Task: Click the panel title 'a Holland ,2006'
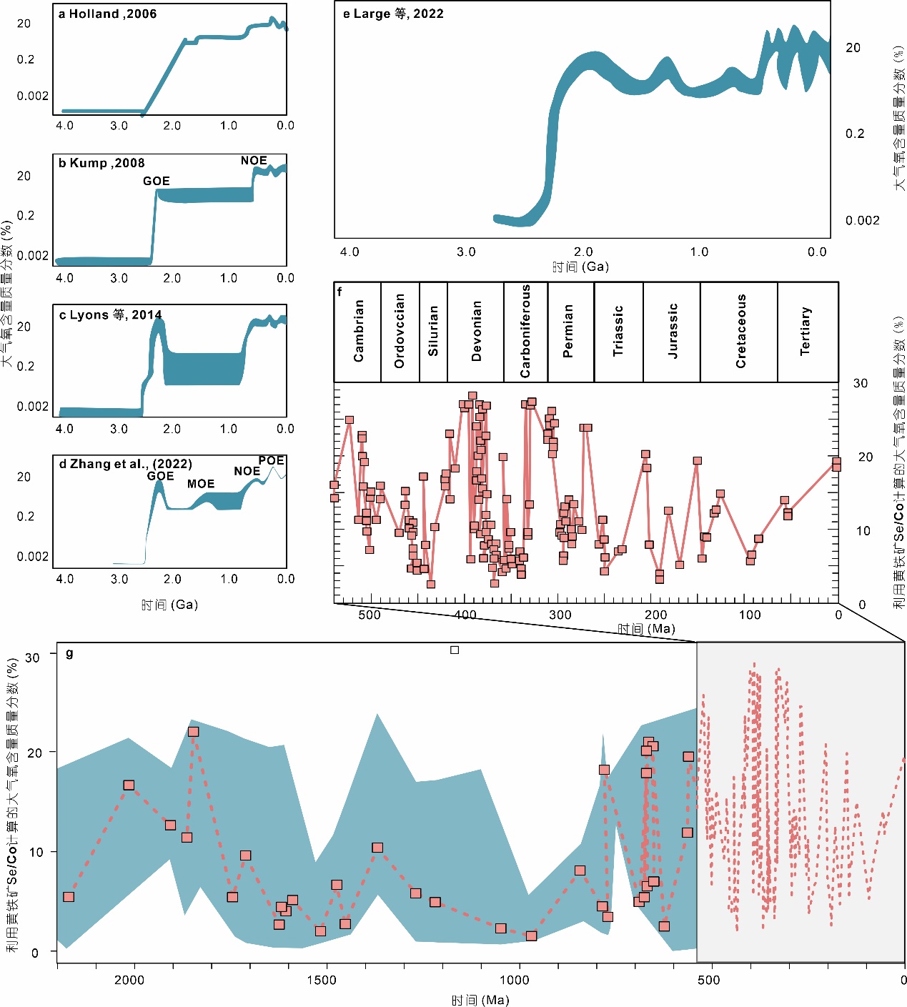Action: click(107, 14)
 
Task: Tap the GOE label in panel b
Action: click(157, 181)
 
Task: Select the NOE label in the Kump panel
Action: click(254, 161)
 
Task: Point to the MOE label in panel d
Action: click(201, 484)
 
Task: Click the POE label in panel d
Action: click(272, 461)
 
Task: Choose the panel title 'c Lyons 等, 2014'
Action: click(111, 315)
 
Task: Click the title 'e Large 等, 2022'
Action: click(393, 14)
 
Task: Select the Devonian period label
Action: click(477, 331)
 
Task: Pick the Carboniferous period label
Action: click(525, 331)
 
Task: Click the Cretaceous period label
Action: click(741, 331)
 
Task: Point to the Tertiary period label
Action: click(806, 331)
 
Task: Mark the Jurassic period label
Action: click(673, 331)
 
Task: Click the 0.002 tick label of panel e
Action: click(862, 220)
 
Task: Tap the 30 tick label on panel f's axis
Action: click(861, 384)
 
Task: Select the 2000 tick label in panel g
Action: click(129, 979)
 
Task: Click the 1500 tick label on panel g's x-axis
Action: click(322, 979)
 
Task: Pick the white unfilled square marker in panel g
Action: click(455, 650)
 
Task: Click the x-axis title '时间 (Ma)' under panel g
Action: click(480, 1000)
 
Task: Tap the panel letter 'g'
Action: click(69, 653)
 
